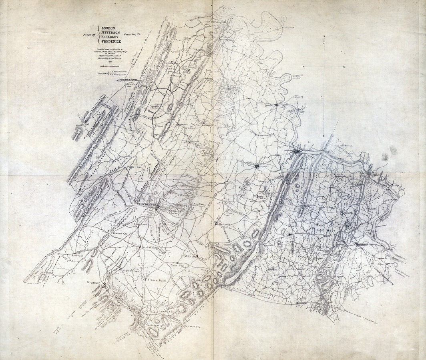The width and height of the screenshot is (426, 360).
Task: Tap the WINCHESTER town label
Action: tap(146, 204)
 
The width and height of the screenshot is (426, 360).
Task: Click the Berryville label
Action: tap(226, 225)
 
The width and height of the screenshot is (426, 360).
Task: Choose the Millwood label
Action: tap(189, 256)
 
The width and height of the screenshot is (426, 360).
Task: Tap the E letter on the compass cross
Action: tap(344, 66)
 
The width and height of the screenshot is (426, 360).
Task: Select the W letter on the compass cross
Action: tap(303, 66)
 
